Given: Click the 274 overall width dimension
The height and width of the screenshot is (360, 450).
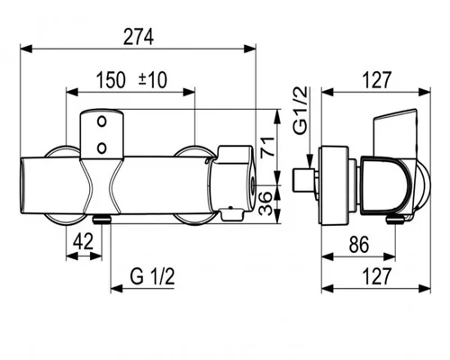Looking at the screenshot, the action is tap(139, 37).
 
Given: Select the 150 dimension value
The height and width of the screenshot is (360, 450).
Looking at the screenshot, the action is tap(111, 80).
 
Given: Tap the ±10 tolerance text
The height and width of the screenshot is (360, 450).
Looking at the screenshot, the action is tap(153, 80).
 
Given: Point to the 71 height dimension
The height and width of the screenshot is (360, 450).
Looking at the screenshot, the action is tap(266, 146).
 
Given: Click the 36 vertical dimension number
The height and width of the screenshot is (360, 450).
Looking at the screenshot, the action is tap(265, 203).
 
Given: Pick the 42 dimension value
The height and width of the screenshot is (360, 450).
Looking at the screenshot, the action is tap(84, 241).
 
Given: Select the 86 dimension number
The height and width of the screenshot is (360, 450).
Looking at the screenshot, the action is tap(359, 244).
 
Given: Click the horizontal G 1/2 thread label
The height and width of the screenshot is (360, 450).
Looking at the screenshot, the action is tap(152, 276).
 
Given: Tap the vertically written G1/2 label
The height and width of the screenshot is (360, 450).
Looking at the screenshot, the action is tap(301, 110).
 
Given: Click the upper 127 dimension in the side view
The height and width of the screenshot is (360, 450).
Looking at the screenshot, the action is tap(377, 80).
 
